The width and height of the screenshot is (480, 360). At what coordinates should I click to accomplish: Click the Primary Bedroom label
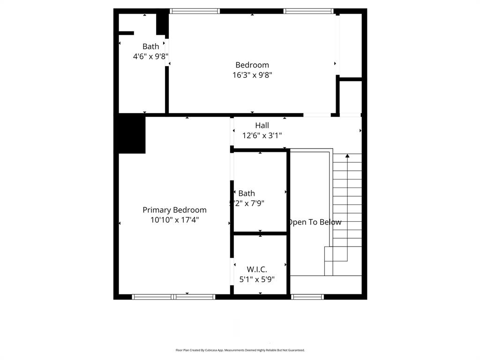(x=174, y=210)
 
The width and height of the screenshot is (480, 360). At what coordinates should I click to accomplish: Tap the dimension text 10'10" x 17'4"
(x=174, y=219)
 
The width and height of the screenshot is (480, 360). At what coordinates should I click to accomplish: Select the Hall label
(x=262, y=126)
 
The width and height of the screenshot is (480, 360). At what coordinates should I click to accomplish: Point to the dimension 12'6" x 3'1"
(x=262, y=135)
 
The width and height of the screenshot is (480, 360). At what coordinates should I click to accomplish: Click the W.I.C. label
(x=257, y=270)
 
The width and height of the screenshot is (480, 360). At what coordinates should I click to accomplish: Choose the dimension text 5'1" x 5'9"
(x=257, y=279)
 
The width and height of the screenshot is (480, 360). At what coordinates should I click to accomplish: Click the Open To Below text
(x=315, y=222)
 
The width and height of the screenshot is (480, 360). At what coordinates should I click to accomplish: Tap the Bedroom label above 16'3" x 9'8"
(x=252, y=65)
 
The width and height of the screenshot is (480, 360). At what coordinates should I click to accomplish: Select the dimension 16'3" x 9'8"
(x=252, y=75)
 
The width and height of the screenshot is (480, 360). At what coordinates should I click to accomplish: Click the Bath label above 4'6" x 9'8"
(x=150, y=46)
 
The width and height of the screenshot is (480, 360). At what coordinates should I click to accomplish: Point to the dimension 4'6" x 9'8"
(x=150, y=56)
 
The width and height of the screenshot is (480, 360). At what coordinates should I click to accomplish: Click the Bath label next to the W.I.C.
(x=247, y=194)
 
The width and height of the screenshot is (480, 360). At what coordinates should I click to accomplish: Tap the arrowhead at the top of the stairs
(x=347, y=155)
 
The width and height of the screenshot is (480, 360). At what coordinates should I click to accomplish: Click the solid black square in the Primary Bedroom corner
(x=131, y=135)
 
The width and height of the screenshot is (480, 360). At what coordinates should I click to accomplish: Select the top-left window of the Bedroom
(x=195, y=11)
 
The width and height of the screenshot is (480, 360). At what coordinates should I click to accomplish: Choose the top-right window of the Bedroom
(x=308, y=11)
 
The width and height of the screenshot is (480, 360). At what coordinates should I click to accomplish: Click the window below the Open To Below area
(x=307, y=297)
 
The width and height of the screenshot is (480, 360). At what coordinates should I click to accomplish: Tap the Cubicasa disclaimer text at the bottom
(x=240, y=350)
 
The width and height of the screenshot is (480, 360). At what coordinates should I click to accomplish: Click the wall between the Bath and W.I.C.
(x=260, y=233)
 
